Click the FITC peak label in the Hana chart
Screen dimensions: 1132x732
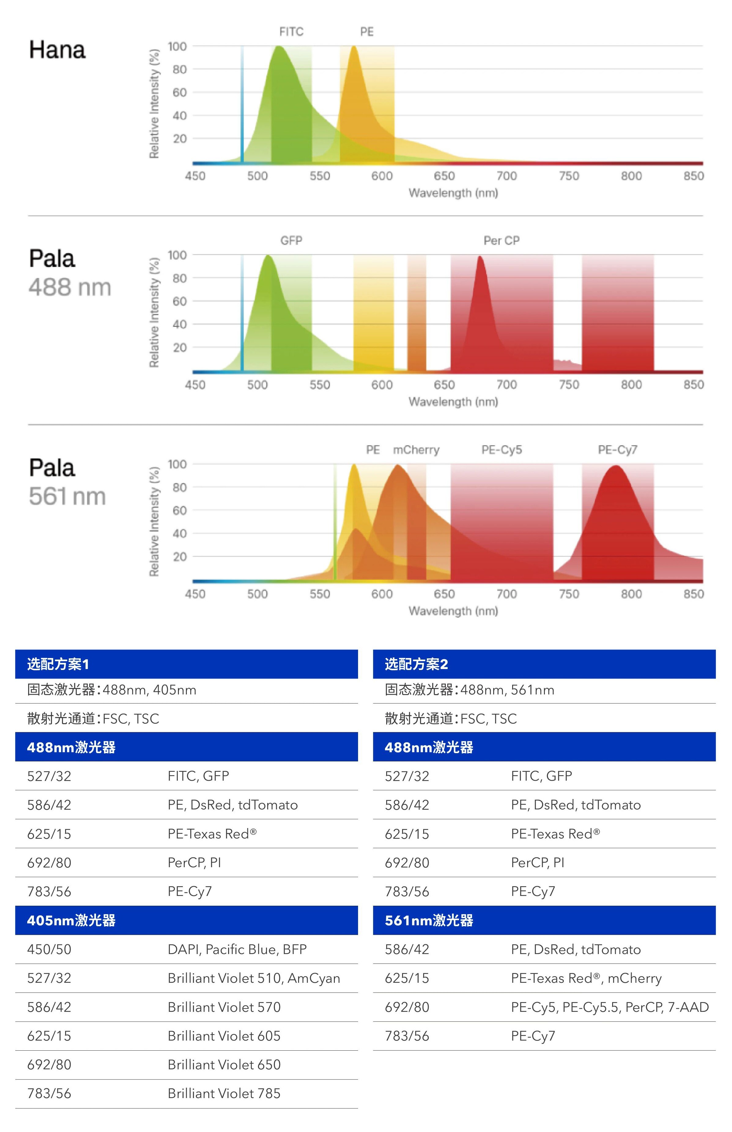(291, 32)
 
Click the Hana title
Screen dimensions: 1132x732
(57, 50)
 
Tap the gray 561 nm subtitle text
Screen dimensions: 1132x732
(67, 496)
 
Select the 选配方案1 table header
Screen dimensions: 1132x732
(58, 664)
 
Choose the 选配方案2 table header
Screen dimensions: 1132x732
(416, 664)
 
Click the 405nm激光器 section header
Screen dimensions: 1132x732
(71, 920)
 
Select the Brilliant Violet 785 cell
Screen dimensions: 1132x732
(224, 1093)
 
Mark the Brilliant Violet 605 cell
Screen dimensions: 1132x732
(224, 1036)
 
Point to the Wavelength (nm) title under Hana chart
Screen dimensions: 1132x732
(453, 193)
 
